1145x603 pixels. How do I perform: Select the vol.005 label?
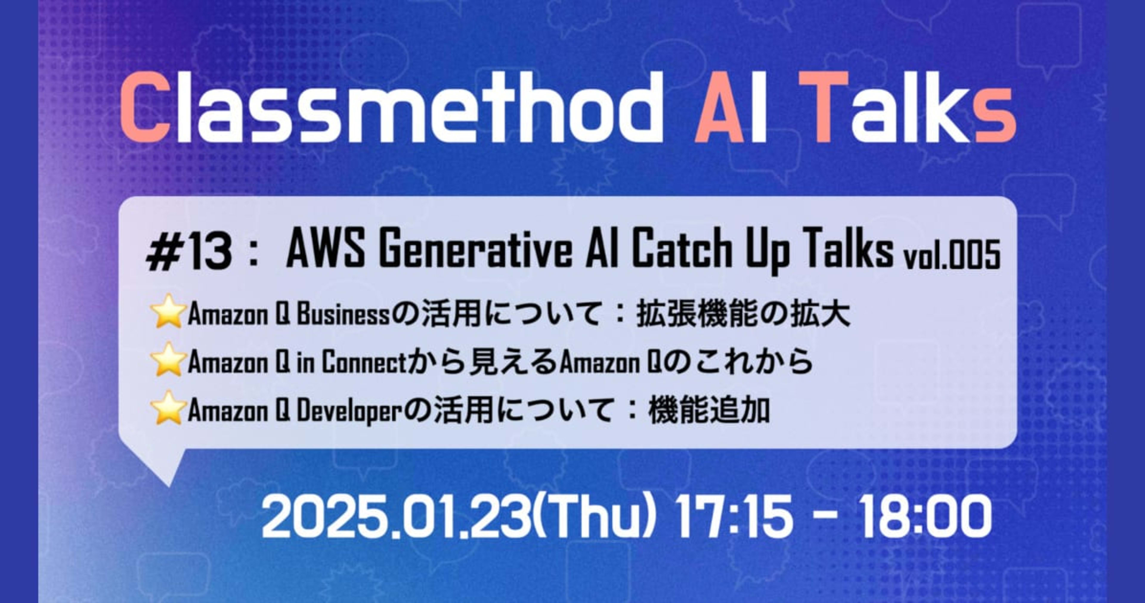(951, 257)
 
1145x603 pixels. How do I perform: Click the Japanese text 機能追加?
(709, 410)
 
